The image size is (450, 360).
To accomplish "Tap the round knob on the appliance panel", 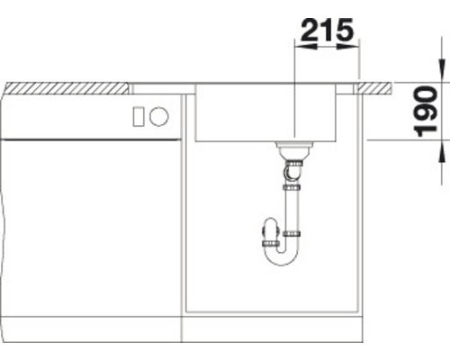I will (158, 115).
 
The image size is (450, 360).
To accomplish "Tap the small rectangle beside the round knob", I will (139, 115).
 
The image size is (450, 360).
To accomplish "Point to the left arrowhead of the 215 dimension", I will (301, 48).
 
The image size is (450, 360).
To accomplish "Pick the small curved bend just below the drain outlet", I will (292, 168).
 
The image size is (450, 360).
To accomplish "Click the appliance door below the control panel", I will (90, 225).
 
